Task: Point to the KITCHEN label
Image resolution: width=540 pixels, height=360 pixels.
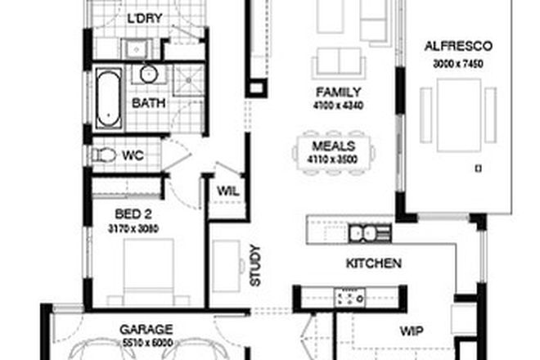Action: click(x=373, y=263)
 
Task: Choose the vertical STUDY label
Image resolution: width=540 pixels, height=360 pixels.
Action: click(x=254, y=265)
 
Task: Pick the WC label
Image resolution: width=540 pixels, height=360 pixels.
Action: click(x=133, y=155)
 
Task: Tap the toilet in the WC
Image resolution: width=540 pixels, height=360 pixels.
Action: click(x=105, y=154)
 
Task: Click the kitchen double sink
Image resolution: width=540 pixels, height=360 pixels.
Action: click(x=369, y=234)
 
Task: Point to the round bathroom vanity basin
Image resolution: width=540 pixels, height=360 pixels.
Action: click(x=148, y=74)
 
